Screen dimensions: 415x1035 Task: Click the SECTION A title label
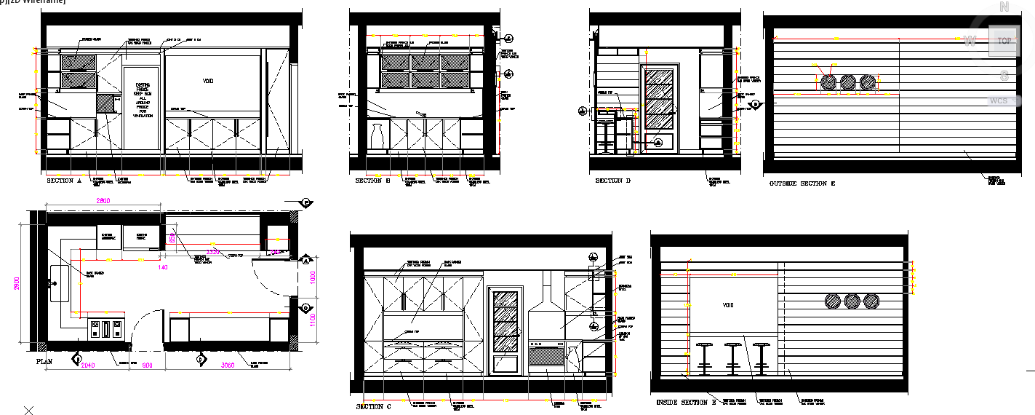[x=64, y=181]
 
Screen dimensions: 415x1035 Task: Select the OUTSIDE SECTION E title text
[x=802, y=183]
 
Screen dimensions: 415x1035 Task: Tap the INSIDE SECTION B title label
[x=686, y=402]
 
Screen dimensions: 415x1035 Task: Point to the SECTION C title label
[x=373, y=406]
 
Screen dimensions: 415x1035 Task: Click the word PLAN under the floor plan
[x=44, y=361]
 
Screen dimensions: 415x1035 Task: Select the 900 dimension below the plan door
[x=147, y=365]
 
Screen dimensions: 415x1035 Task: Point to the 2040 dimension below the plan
[x=88, y=365]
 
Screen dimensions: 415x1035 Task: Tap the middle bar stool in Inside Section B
[x=732, y=357]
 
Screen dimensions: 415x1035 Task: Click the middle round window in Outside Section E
[x=848, y=82]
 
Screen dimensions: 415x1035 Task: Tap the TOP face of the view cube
[x=1004, y=41]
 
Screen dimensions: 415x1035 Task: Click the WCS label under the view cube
[x=999, y=100]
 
